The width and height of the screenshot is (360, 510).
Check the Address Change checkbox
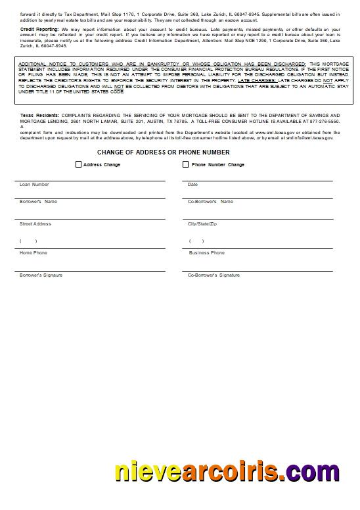click(79, 164)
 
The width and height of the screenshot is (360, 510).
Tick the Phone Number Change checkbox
click(186, 164)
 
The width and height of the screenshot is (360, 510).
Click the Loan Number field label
click(34, 185)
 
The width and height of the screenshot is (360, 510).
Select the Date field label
click(192, 185)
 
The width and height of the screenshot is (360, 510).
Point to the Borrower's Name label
click(39, 202)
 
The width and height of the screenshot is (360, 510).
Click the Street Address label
click(35, 224)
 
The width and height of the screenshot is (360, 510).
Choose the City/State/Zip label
click(202, 224)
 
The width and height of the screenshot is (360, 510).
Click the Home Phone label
click(34, 253)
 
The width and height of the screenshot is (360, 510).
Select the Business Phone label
click(207, 253)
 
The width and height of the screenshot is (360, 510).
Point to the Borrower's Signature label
click(41, 275)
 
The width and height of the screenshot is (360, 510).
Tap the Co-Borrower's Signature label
click(214, 275)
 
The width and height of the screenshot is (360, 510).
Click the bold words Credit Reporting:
click(39, 30)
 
